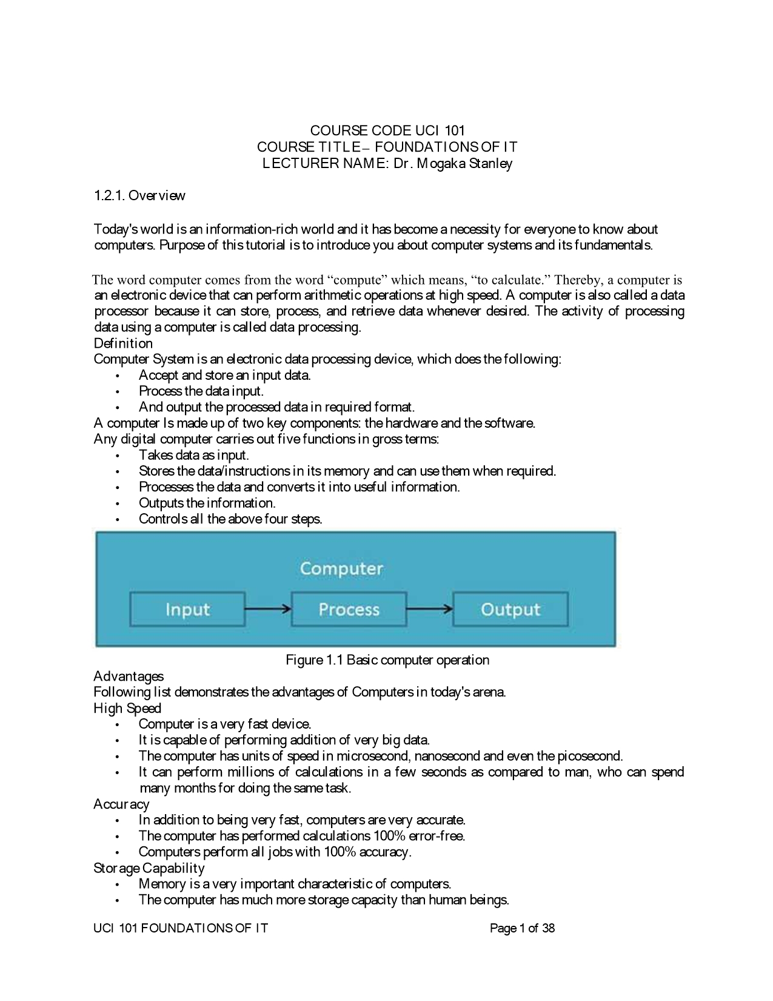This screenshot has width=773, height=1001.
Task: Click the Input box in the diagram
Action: point(187,609)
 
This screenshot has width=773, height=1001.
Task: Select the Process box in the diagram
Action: point(349,609)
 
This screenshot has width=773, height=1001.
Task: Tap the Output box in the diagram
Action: point(510,609)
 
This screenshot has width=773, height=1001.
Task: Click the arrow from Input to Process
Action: point(268,609)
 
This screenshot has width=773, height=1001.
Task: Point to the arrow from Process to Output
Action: point(429,609)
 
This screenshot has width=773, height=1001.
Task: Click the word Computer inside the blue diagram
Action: point(341,568)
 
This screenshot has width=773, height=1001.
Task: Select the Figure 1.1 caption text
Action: point(387,659)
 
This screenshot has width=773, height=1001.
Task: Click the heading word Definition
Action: point(123,343)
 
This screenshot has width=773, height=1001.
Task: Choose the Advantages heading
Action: point(129,676)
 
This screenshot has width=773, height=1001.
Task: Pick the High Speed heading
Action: point(127,708)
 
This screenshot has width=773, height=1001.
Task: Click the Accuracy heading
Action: point(121,804)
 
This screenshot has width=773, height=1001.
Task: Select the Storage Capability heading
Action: point(149,868)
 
